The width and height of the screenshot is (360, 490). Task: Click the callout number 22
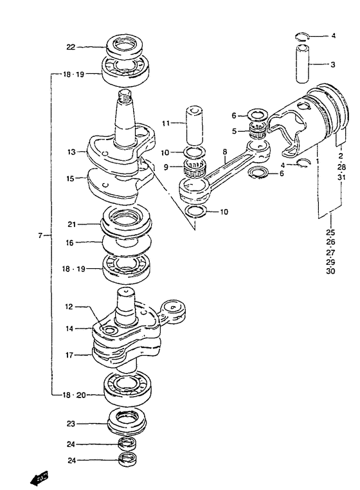[x=71, y=47]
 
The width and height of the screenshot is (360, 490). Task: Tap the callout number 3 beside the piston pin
[x=333, y=65]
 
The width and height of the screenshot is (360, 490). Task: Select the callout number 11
[x=166, y=123]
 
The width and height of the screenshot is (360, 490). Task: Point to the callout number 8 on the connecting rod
[x=225, y=152]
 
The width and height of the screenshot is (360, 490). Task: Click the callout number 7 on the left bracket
[x=40, y=235]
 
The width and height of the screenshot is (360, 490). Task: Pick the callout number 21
[x=72, y=224]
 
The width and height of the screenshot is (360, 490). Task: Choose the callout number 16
[x=69, y=242]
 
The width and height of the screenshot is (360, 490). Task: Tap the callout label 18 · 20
[x=74, y=395]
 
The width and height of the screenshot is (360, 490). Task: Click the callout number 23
[x=71, y=424]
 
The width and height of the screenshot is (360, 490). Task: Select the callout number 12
[x=69, y=307]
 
